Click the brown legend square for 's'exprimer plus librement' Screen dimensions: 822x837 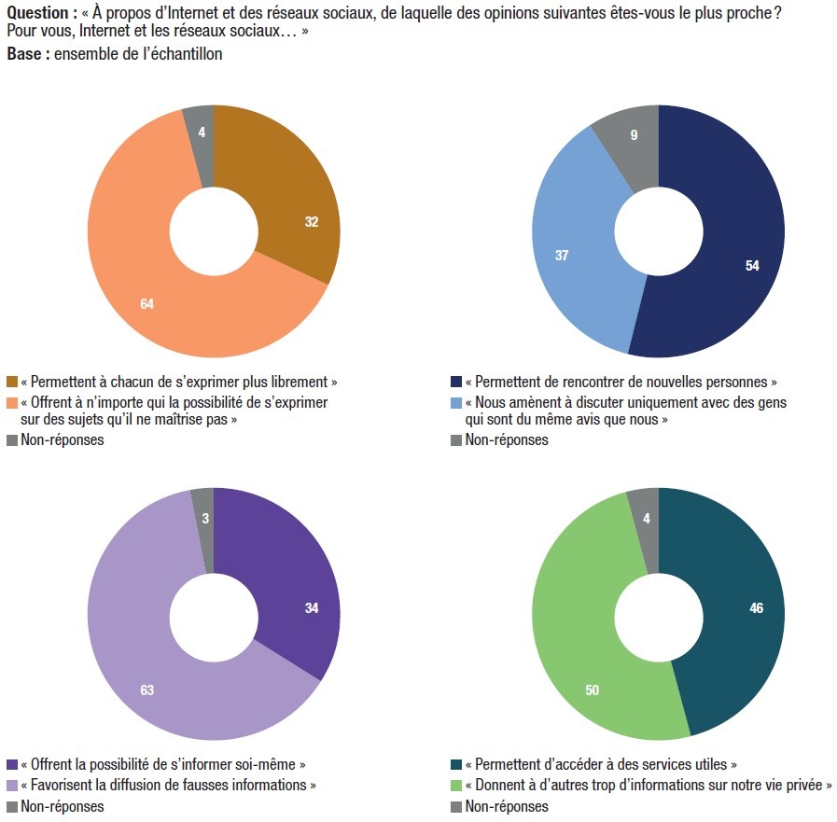click(12, 382)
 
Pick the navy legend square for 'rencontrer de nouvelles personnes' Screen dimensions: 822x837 click(456, 382)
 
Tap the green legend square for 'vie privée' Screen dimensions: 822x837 click(456, 786)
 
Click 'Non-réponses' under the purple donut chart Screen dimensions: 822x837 click(63, 806)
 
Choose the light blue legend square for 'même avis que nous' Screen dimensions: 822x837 click(456, 403)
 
